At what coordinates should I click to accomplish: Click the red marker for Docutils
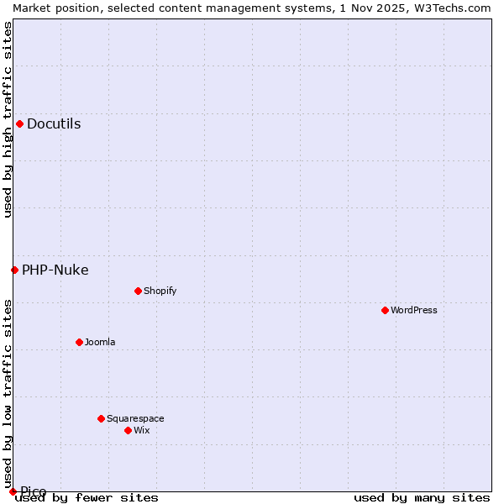point(19,124)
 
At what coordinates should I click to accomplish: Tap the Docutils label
point(54,124)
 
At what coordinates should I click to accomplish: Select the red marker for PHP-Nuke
point(14,270)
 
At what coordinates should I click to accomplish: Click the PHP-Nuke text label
point(55,270)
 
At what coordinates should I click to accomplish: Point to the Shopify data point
point(138,291)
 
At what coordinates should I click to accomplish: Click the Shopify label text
point(160,291)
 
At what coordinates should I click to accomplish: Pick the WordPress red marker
point(385,311)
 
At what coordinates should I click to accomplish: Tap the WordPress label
point(414,311)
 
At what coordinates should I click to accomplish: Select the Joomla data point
point(79,343)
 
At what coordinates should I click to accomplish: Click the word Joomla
point(100,343)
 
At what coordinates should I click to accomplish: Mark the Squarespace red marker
point(101,418)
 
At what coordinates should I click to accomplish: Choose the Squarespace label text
point(135,419)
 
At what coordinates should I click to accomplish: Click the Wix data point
point(128,430)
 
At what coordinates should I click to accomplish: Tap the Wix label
point(142,431)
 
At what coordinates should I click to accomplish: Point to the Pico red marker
point(13,491)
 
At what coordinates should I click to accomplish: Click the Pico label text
point(34,491)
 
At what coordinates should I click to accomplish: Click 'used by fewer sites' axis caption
point(87,498)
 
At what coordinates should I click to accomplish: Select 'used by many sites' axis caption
point(422,498)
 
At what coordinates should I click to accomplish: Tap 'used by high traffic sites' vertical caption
point(8,119)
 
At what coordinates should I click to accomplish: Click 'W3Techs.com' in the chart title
point(453,8)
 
